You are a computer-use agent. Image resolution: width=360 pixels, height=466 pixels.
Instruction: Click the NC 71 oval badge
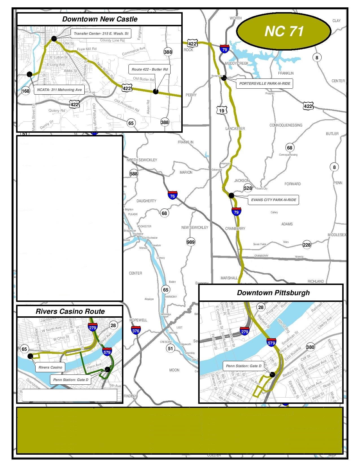283,31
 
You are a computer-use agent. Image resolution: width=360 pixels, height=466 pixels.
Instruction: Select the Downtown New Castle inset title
100,19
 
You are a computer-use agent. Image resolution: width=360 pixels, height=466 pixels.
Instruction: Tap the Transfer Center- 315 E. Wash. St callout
101,34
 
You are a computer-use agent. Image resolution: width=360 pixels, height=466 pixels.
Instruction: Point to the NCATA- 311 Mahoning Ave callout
59,90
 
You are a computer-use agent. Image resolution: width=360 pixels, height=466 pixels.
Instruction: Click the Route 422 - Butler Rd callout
150,69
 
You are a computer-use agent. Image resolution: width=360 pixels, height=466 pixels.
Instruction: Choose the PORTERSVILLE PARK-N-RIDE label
265,84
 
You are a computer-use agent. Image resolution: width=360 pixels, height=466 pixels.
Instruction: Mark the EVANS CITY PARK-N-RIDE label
274,200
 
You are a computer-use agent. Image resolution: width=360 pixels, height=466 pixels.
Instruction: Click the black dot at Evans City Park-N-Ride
231,195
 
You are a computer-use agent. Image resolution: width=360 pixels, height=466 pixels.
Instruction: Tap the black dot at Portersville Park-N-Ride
224,78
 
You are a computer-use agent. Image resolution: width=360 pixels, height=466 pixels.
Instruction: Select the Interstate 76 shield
173,195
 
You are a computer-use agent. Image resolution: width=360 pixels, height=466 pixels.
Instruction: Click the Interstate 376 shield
136,330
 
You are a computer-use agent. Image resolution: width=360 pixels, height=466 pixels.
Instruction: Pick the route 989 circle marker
191,242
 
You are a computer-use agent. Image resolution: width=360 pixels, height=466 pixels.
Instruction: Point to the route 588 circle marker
134,174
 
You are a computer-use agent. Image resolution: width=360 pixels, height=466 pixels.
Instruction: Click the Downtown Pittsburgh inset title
273,293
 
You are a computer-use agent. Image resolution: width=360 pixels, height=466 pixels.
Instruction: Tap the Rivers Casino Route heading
70,312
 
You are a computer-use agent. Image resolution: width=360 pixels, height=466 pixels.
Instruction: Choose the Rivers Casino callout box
50,367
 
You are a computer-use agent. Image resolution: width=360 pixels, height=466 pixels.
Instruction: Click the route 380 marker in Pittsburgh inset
310,347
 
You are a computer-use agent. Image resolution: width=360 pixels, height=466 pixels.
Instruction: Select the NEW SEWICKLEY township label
195,228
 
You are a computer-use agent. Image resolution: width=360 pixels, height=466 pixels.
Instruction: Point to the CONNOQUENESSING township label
286,125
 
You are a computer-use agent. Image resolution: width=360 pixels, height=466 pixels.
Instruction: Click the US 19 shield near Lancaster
222,111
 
